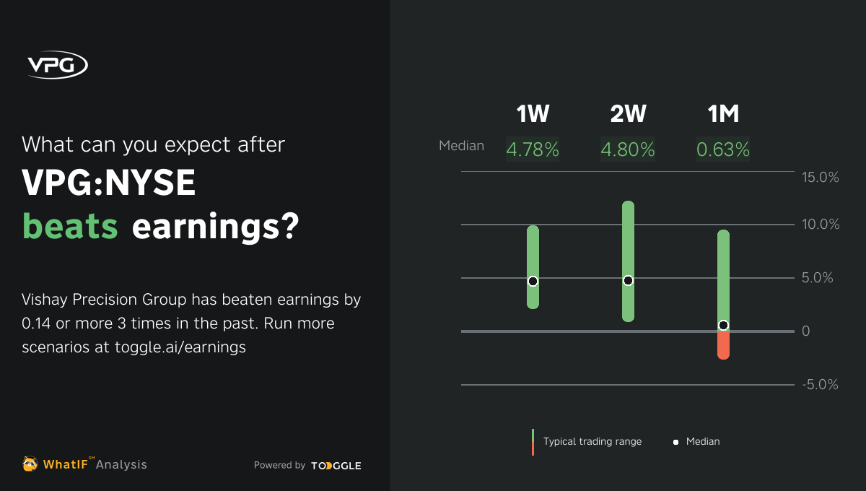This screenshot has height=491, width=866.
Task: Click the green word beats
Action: (x=70, y=226)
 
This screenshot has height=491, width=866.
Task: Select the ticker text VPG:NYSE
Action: (x=109, y=183)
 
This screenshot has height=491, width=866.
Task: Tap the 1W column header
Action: (x=533, y=114)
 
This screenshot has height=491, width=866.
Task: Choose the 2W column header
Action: (x=628, y=114)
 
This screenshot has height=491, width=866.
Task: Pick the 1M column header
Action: (x=723, y=114)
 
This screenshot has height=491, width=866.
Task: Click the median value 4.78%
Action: (x=533, y=149)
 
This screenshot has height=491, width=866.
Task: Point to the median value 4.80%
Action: (x=628, y=149)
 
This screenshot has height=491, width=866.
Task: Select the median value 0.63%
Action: (x=723, y=149)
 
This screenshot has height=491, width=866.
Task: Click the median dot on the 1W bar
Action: (x=533, y=281)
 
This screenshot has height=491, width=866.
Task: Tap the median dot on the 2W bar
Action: (x=628, y=280)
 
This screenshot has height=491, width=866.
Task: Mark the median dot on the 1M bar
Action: (x=723, y=325)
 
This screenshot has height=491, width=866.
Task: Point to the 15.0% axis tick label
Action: (x=821, y=177)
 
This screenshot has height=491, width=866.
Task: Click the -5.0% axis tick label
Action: (x=821, y=385)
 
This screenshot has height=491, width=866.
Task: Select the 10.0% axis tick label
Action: (x=821, y=225)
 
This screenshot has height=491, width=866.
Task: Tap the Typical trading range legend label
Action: (x=592, y=441)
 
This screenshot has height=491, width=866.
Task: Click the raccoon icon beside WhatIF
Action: (x=30, y=464)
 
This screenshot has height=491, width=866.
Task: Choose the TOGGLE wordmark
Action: (x=336, y=466)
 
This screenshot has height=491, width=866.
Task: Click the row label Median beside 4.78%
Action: (x=461, y=146)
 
